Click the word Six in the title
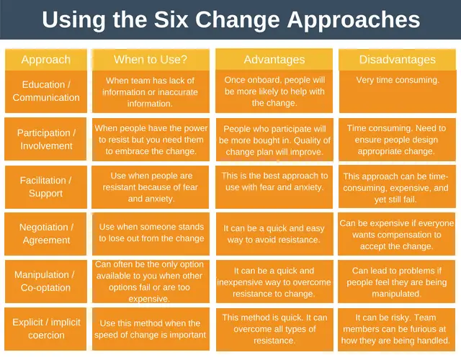coord(171,19)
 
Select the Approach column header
coord(46,60)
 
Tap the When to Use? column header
coord(151,60)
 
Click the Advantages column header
coord(274,60)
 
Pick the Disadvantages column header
coord(397,60)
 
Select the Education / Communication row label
coord(46,91)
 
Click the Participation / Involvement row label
coord(45,139)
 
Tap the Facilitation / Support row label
coord(46,187)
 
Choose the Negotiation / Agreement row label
coord(45,234)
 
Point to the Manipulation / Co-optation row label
coord(46,282)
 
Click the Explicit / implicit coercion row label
coord(45,329)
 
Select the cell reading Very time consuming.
coord(398,91)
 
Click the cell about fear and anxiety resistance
coord(151,187)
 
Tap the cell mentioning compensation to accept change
coord(396,234)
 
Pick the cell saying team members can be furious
coord(396,329)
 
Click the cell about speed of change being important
coord(151,329)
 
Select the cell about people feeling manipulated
coord(396,282)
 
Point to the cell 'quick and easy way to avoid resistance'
coord(274,234)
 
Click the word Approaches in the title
coord(354,20)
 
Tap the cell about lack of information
coord(151,91)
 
